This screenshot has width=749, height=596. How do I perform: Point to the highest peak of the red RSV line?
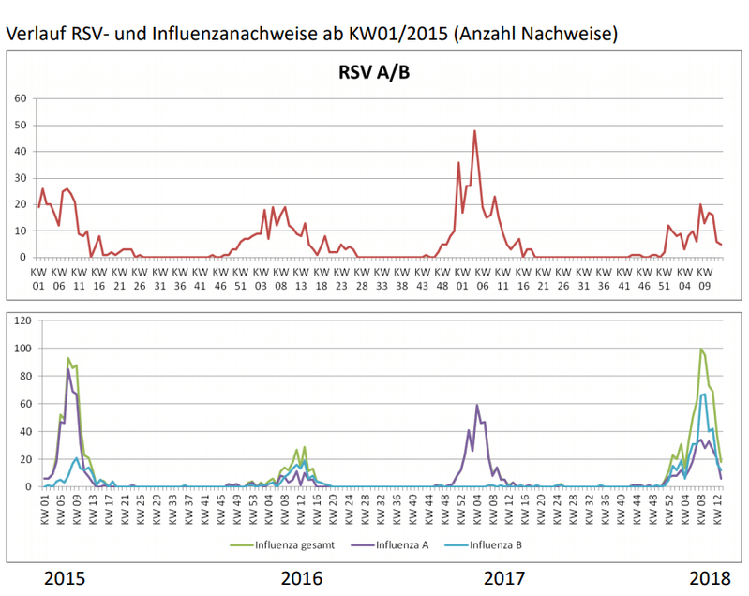[474, 131]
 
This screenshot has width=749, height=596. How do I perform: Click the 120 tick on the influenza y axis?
[22, 320]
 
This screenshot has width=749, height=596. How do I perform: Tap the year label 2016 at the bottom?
[302, 577]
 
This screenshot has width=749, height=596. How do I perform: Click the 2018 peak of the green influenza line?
[700, 350]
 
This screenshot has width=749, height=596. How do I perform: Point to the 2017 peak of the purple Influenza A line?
[477, 406]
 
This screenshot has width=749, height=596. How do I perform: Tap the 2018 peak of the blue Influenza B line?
[704, 395]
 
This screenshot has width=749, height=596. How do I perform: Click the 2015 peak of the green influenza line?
[68, 359]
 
